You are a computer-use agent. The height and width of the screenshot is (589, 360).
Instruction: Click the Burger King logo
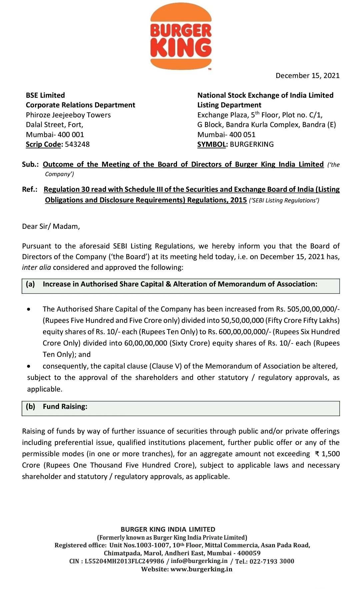(x=181, y=36)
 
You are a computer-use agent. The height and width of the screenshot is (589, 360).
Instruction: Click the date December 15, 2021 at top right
(x=307, y=76)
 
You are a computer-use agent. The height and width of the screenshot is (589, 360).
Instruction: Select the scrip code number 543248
(x=77, y=144)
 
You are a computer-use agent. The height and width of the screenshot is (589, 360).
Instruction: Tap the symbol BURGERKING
(x=252, y=144)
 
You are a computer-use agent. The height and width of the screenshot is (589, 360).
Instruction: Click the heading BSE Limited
(x=45, y=95)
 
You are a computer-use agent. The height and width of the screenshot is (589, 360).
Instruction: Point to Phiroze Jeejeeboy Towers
(x=68, y=115)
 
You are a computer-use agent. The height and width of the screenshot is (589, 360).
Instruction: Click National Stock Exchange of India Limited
(x=265, y=95)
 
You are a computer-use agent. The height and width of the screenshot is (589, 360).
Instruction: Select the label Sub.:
(x=30, y=164)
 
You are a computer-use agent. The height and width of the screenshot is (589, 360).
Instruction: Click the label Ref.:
(x=30, y=189)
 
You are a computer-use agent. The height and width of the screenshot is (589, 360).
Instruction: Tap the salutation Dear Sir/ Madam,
(x=51, y=226)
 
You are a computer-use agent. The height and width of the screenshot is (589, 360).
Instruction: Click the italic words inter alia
(x=36, y=267)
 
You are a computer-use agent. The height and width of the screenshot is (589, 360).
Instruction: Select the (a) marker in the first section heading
(x=30, y=284)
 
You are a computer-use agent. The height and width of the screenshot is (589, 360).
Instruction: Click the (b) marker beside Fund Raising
(x=30, y=407)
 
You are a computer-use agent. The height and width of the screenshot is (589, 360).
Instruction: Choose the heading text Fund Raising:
(x=65, y=407)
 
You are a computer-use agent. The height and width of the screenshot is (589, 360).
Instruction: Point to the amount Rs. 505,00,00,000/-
(x=308, y=309)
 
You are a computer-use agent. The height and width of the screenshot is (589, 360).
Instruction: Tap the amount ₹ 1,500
(x=327, y=454)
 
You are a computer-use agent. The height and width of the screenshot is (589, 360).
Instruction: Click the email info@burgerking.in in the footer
(x=199, y=561)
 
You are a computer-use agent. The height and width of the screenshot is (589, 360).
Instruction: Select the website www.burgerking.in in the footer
(x=201, y=569)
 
